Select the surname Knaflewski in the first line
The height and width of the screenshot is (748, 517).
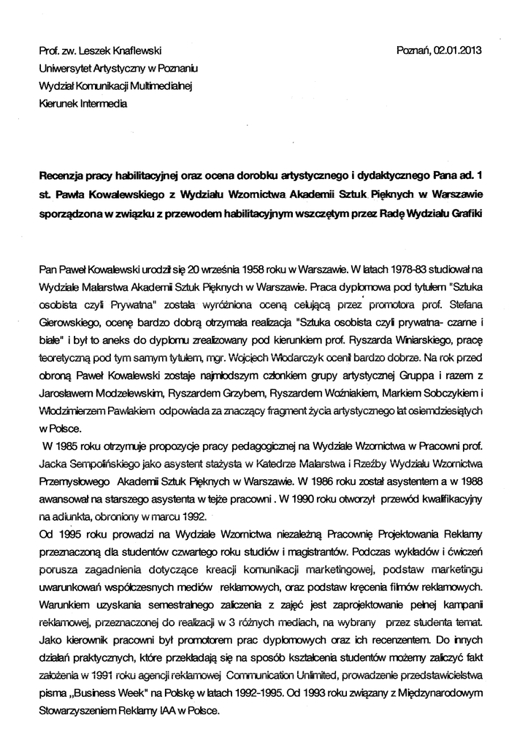(x=136, y=51)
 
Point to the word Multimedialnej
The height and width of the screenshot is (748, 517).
(x=158, y=86)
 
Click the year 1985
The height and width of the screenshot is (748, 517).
(x=70, y=447)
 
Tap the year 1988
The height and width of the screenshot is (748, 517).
(x=466, y=482)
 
